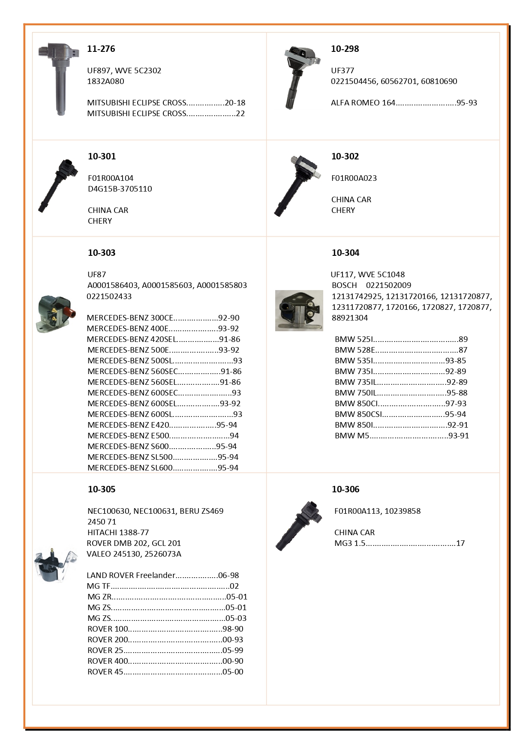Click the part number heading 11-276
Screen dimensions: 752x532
pyautogui.click(x=101, y=49)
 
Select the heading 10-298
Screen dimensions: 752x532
pyautogui.click(x=345, y=49)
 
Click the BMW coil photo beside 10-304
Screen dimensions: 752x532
pyautogui.click(x=299, y=311)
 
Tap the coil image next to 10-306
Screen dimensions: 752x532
pyautogui.click(x=299, y=526)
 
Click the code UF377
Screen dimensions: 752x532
pyautogui.click(x=342, y=71)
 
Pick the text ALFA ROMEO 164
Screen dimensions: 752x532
pyautogui.click(x=363, y=103)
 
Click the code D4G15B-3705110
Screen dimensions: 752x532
pyautogui.click(x=120, y=189)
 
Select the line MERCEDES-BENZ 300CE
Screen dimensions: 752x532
pyautogui.click(x=130, y=318)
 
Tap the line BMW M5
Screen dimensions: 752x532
pyautogui.click(x=352, y=436)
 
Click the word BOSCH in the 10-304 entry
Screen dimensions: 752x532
pyautogui.click(x=344, y=285)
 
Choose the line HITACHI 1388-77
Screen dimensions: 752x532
pyautogui.click(x=118, y=533)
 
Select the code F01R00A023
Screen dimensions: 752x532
pyautogui.click(x=354, y=178)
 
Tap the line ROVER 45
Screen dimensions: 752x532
pyautogui.click(x=105, y=672)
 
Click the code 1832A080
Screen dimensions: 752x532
pyautogui.click(x=105, y=81)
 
